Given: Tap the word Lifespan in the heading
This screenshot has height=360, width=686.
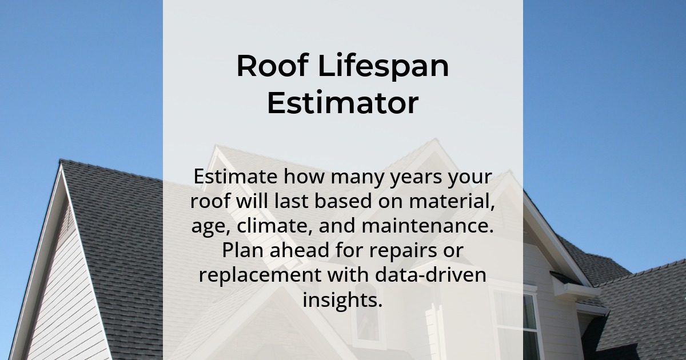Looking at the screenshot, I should coord(384,67).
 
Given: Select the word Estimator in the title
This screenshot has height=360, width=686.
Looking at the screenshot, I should coord(342,103).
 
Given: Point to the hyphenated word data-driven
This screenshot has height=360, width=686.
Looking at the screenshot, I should coord(430,275).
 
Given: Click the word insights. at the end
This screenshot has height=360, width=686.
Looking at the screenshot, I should coord(342,300).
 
